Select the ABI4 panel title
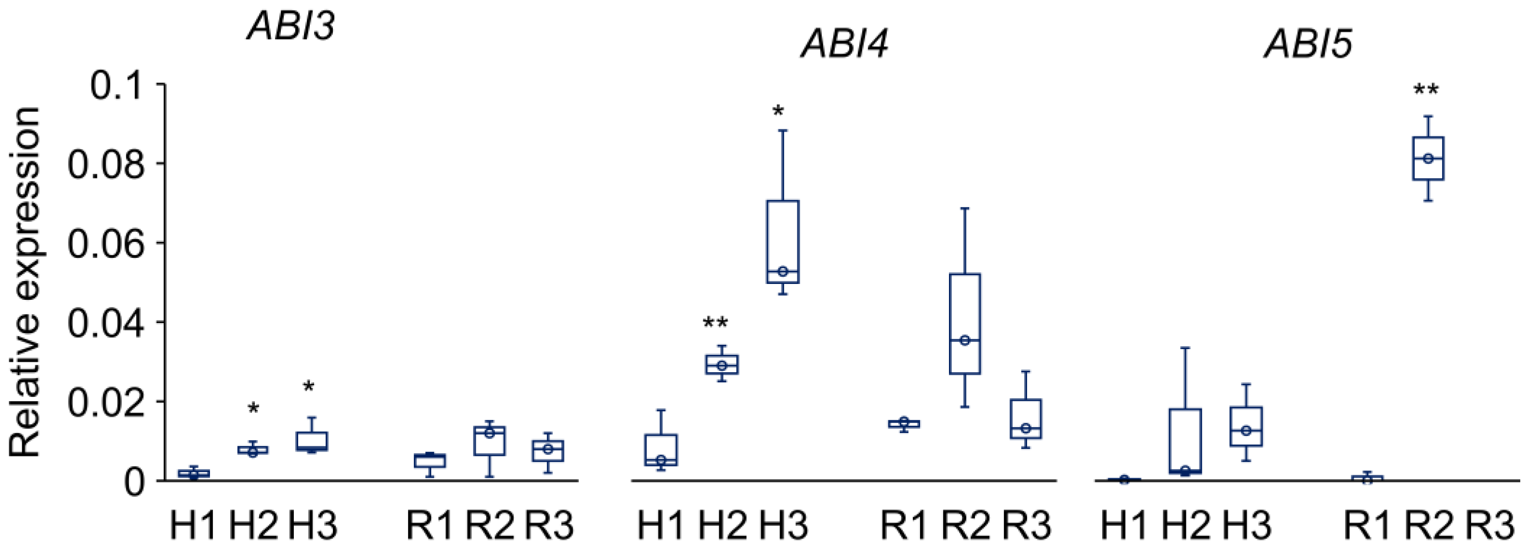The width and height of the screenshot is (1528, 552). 844,44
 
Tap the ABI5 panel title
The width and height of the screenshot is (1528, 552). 1308,44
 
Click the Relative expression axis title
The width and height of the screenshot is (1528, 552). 25,282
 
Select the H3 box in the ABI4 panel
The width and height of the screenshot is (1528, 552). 782,242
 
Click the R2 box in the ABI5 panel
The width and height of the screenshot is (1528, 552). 1428,158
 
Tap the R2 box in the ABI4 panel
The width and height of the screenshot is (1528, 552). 964,323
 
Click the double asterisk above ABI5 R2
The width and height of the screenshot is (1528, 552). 1426,91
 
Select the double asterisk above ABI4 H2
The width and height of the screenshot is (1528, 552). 715,323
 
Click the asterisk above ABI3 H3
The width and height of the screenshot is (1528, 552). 308,388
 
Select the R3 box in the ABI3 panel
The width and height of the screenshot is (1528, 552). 548,450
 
